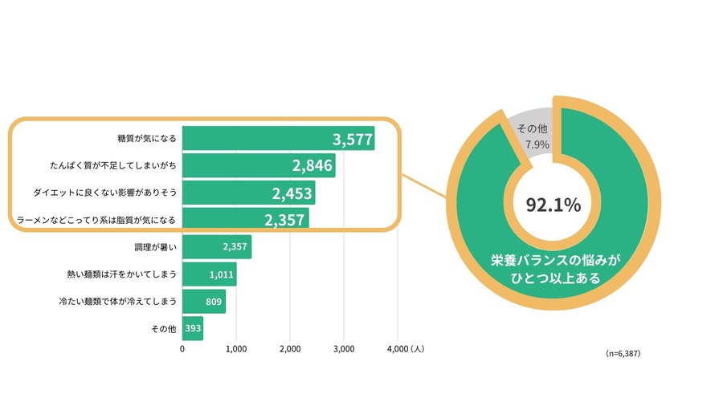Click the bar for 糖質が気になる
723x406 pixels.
click(x=278, y=139)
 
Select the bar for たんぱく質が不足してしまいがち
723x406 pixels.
click(x=259, y=166)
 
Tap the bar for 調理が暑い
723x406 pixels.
click(x=216, y=247)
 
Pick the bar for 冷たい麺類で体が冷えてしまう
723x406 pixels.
click(x=204, y=302)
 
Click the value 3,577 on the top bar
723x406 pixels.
click(x=353, y=140)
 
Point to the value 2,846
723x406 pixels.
click(x=313, y=167)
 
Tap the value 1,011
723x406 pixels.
click(x=221, y=274)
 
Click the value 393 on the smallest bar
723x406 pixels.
click(x=193, y=329)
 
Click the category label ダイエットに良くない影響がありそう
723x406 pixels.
click(x=104, y=193)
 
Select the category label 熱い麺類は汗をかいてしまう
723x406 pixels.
click(x=121, y=274)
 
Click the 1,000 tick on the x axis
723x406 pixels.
click(x=236, y=350)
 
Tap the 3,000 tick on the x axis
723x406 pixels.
click(x=344, y=350)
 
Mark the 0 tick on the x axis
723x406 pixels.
click(x=182, y=350)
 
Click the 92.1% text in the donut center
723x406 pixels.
click(x=553, y=205)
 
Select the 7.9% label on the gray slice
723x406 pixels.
click(x=537, y=145)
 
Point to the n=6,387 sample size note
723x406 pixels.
click(x=623, y=353)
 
